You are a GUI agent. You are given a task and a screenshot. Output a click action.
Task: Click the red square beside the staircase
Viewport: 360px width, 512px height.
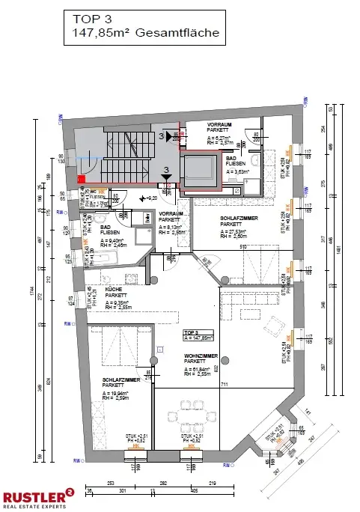click(81, 178)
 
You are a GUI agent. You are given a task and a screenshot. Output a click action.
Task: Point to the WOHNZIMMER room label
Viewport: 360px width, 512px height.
click(201, 360)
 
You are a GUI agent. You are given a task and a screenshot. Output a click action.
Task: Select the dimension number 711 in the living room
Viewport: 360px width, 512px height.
click(223, 385)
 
